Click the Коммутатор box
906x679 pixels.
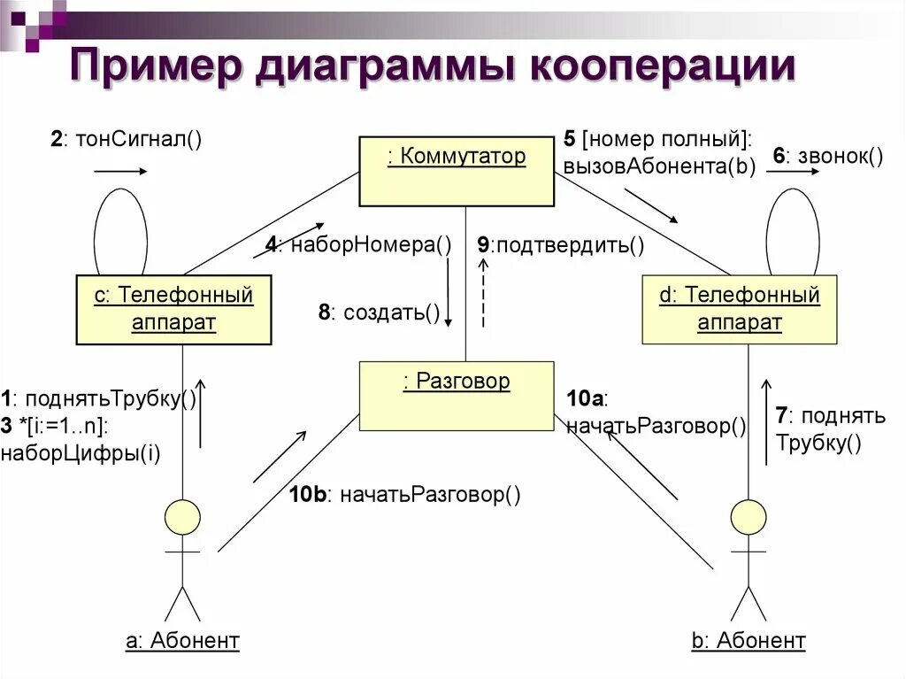(x=456, y=171)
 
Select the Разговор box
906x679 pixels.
(x=456, y=396)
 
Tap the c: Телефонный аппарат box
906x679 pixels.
(x=173, y=309)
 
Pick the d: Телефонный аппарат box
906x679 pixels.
(x=739, y=309)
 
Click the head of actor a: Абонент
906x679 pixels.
(x=183, y=517)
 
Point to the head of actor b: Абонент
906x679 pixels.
(x=749, y=517)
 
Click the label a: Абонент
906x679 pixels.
(x=182, y=640)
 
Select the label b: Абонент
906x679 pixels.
(x=749, y=640)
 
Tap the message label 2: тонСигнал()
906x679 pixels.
(x=127, y=139)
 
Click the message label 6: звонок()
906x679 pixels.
(x=828, y=157)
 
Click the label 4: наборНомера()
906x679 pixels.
(x=358, y=245)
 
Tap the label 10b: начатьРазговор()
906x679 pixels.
(x=404, y=494)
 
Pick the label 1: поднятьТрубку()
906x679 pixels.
(x=98, y=398)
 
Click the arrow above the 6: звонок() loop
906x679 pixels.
(x=793, y=174)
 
